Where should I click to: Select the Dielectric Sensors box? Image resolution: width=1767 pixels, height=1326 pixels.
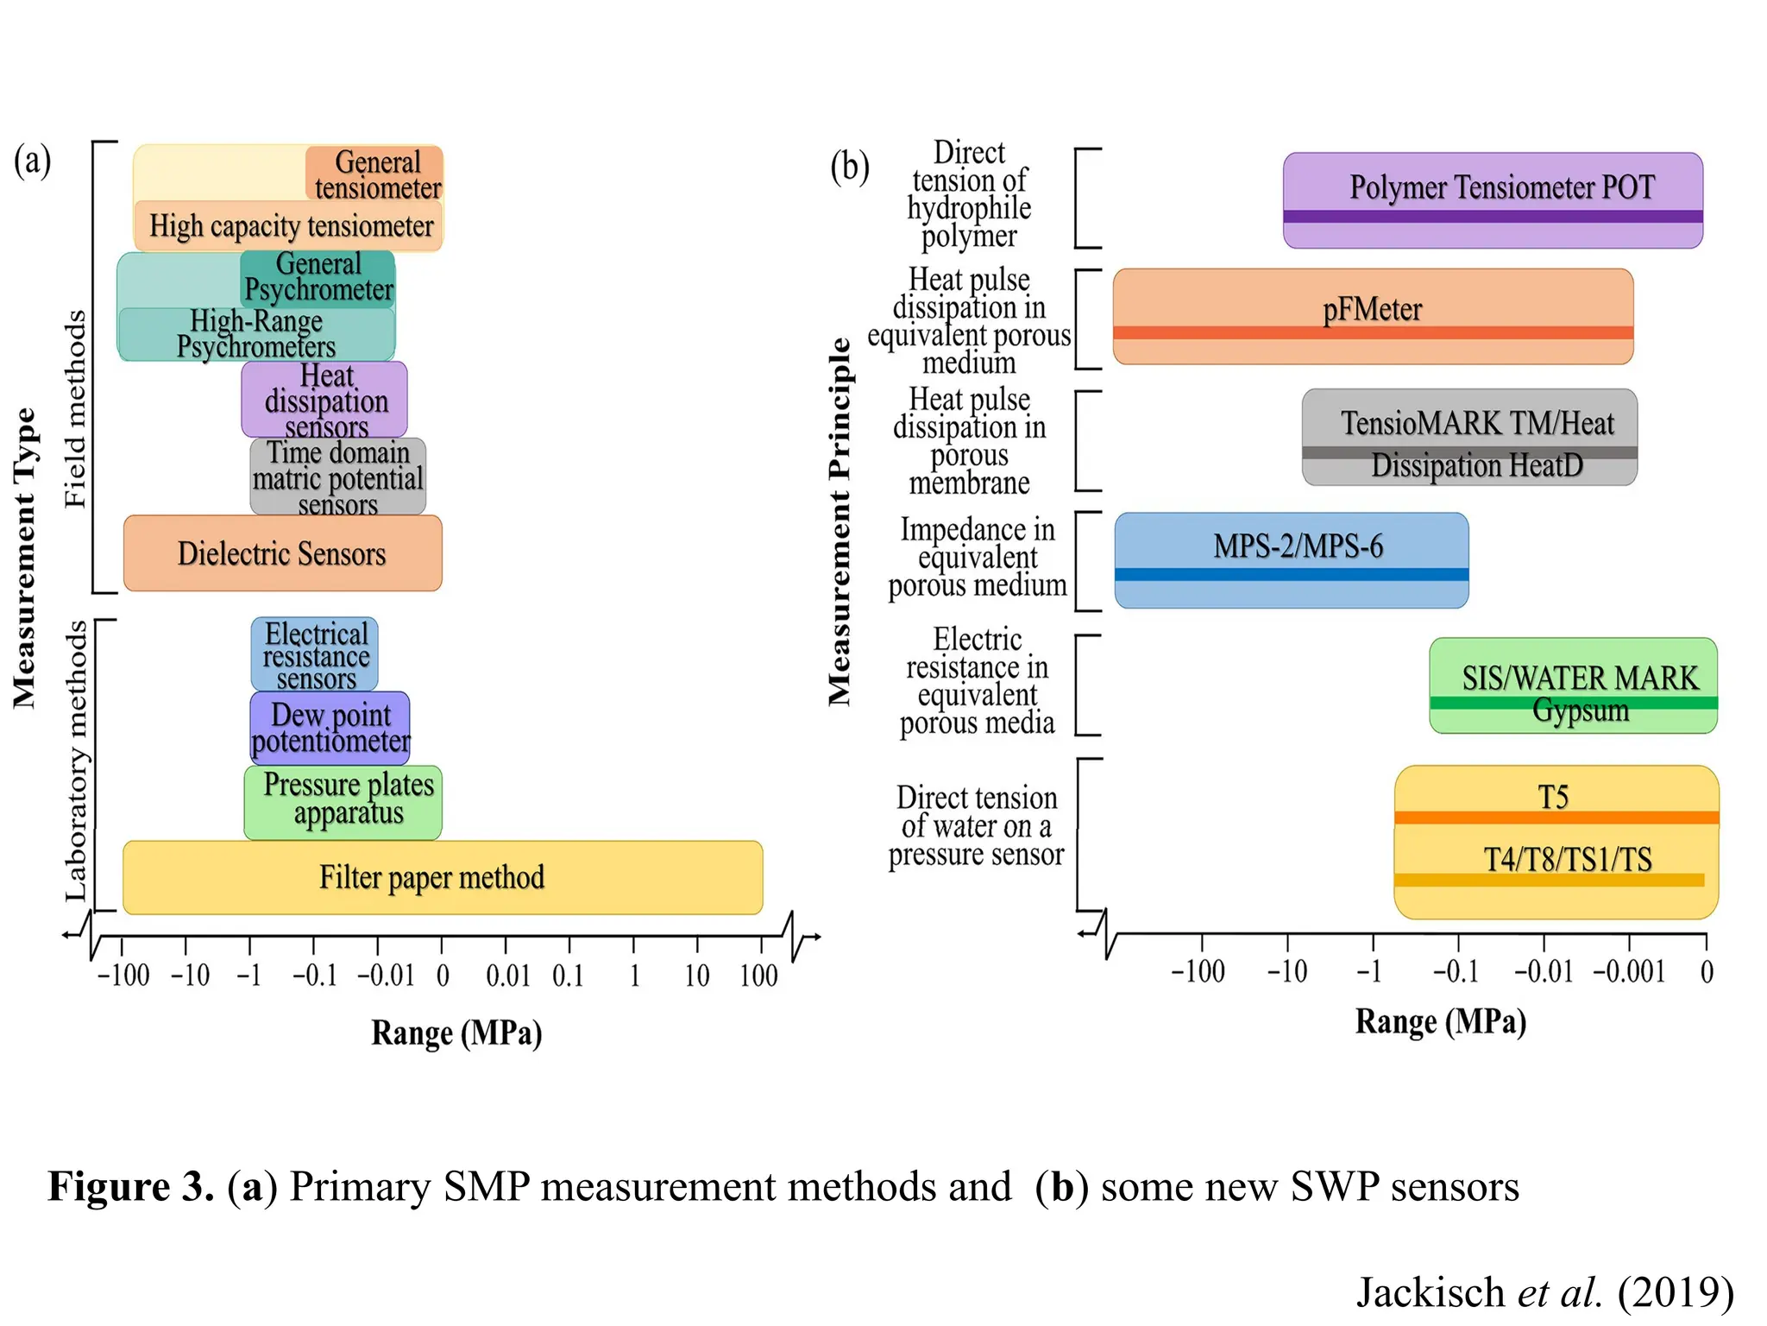point(282,553)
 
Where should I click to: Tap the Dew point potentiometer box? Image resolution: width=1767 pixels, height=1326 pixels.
point(330,728)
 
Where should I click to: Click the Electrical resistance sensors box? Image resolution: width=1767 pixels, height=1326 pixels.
point(315,654)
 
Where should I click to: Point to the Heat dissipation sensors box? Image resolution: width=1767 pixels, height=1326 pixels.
point(324,400)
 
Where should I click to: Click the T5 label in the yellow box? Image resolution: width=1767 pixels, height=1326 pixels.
point(1553,796)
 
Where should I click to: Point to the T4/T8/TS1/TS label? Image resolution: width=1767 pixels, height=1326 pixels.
point(1567,859)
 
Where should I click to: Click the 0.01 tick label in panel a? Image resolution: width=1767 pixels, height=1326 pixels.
point(507,976)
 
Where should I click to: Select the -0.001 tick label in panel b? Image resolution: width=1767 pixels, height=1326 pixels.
point(1629,971)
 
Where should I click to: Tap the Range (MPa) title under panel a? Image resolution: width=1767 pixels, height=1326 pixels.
point(456,1032)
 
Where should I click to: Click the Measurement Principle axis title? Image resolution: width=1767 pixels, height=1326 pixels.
point(839,522)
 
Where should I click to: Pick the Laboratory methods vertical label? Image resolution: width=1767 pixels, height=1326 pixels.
point(76,760)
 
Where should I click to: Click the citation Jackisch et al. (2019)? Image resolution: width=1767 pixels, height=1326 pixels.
point(1544,1291)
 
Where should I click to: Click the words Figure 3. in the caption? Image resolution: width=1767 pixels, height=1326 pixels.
point(130,1186)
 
